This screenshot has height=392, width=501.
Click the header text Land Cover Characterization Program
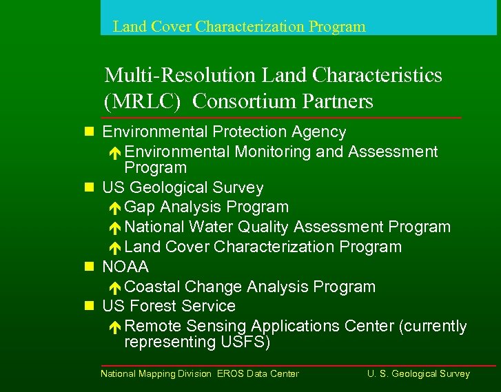click(x=239, y=27)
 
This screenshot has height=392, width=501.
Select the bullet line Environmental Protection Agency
click(x=224, y=132)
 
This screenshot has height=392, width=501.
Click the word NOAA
click(x=125, y=267)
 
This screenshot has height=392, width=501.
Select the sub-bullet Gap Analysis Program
click(x=207, y=207)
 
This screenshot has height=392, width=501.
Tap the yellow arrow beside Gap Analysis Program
click(x=116, y=208)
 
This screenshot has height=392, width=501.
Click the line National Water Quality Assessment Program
click(x=287, y=227)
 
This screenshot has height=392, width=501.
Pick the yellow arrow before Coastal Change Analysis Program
click(x=116, y=288)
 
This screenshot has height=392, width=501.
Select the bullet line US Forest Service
click(x=169, y=306)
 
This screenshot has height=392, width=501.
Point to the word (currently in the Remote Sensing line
click(x=432, y=326)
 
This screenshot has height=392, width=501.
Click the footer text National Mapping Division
click(x=156, y=374)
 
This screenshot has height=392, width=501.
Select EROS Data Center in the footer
click(x=258, y=374)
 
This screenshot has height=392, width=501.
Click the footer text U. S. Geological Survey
click(x=418, y=374)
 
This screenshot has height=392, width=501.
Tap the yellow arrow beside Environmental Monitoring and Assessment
click(x=116, y=153)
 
